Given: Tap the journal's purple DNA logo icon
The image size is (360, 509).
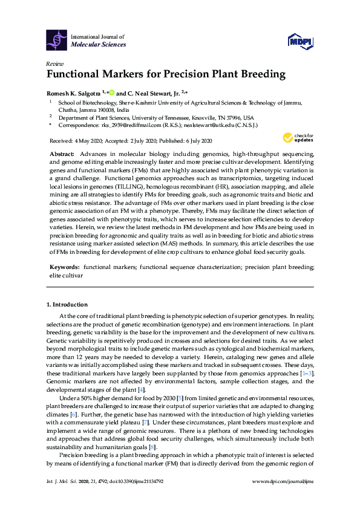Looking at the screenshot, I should (56, 40).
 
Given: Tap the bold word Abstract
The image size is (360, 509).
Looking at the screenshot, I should (61, 155).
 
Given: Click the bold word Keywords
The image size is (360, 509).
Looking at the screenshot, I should (64, 266).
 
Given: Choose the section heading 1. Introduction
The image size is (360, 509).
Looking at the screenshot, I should (67, 305).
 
